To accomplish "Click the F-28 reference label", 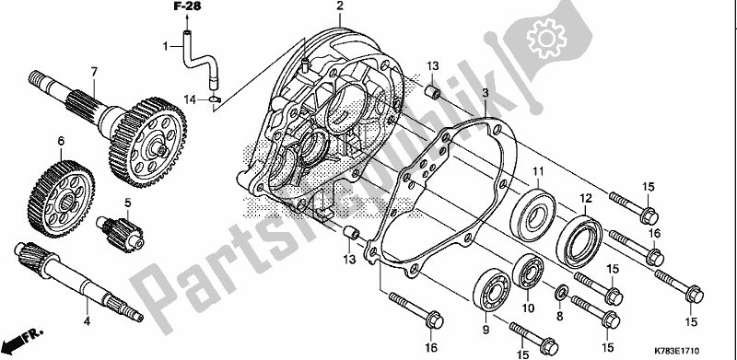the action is coord(187,6).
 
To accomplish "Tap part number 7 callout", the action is coord(94,72).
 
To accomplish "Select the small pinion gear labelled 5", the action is coord(121,232).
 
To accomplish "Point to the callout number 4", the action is coord(87,321).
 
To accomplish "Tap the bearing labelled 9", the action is coord(492,290).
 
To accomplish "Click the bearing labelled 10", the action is coord(528,271).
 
